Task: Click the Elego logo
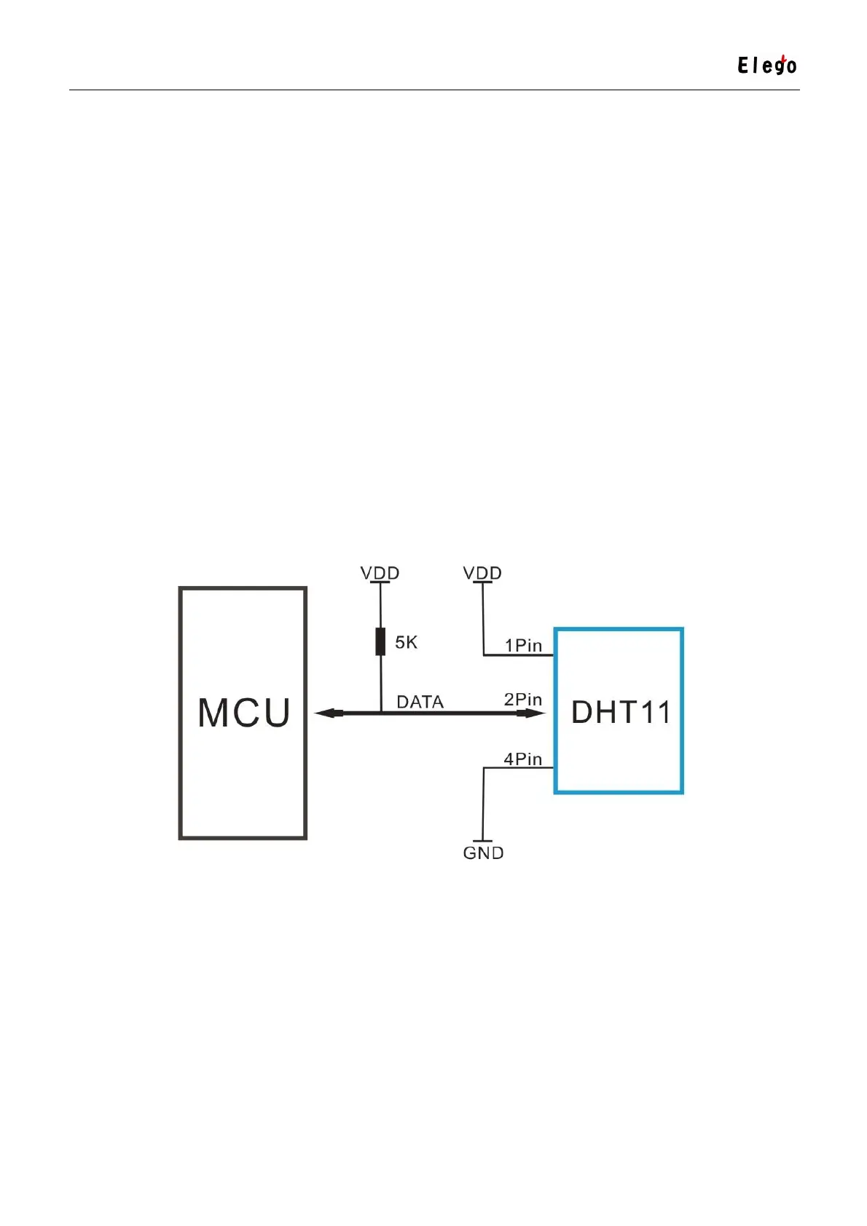click(x=766, y=66)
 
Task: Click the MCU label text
click(x=244, y=713)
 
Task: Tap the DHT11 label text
click(x=620, y=712)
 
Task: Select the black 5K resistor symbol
click(x=380, y=641)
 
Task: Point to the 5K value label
click(x=407, y=642)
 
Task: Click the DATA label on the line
click(x=420, y=702)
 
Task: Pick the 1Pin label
click(x=523, y=645)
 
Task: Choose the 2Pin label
click(x=523, y=700)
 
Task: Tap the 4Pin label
click(x=523, y=759)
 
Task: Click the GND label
click(x=483, y=853)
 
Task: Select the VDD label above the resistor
click(x=380, y=573)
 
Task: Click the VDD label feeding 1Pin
click(x=482, y=573)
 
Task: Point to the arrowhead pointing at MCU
click(x=328, y=713)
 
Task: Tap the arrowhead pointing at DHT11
click(x=532, y=713)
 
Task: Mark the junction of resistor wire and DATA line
click(x=380, y=713)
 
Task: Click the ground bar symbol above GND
click(x=483, y=841)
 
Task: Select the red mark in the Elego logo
click(x=782, y=58)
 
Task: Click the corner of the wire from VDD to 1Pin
click(x=484, y=655)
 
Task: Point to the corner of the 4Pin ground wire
click(x=484, y=767)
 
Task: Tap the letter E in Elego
click(x=743, y=66)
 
